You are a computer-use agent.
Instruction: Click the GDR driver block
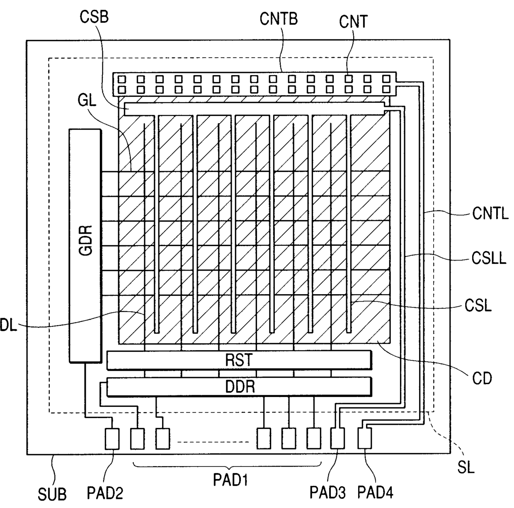pos(85,246)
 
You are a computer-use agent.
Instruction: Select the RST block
pos(239,360)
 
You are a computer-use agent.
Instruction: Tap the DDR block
pos(239,387)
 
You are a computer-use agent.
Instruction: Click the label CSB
pos(94,17)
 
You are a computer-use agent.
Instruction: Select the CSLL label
pos(489,258)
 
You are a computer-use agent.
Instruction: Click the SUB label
pos(52,494)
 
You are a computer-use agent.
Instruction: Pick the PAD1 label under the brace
pos(230,480)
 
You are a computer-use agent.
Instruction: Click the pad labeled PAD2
pos(112,439)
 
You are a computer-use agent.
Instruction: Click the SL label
pos(466,467)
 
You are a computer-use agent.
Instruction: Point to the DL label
pos(9,325)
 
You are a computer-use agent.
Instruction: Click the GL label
pos(87,101)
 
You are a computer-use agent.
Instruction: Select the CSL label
pos(478,306)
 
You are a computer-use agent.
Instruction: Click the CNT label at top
pos(354,22)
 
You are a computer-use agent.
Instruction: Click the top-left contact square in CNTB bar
pos(122,79)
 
